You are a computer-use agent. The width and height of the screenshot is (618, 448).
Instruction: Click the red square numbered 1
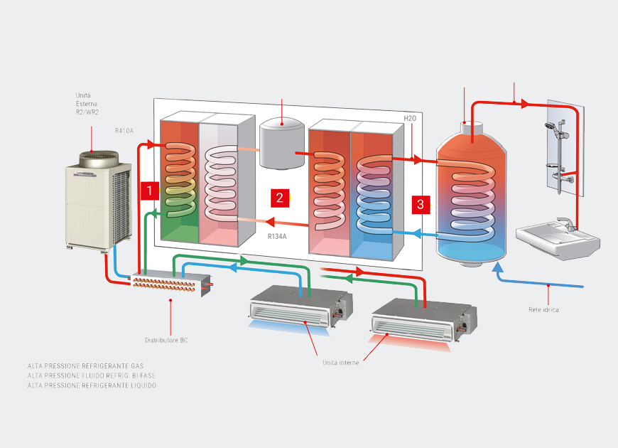(x=148, y=191)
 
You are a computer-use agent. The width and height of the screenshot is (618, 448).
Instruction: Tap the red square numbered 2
(x=279, y=198)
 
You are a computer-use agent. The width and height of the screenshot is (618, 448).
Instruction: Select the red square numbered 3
(x=421, y=205)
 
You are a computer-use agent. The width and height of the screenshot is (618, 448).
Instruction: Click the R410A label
(x=124, y=131)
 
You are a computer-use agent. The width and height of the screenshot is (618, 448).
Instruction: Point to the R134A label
(x=277, y=236)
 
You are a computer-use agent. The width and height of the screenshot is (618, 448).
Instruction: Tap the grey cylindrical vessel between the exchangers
(x=282, y=143)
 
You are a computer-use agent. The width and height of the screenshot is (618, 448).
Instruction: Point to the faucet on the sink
(x=566, y=224)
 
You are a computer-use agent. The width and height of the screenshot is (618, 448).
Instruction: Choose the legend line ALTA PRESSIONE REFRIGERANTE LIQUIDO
(x=92, y=385)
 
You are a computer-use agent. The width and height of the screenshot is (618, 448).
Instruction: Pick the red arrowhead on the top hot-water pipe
(x=524, y=104)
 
